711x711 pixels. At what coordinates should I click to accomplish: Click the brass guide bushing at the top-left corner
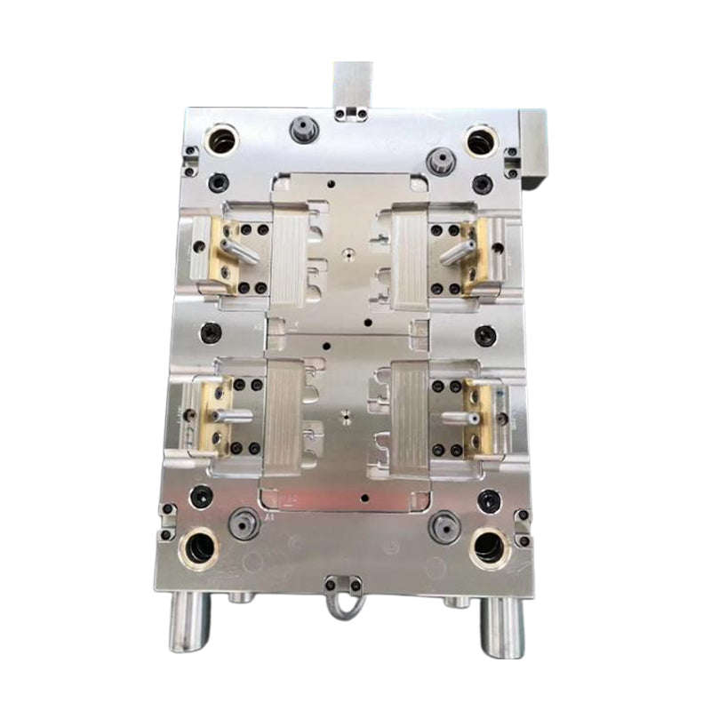click(220, 140)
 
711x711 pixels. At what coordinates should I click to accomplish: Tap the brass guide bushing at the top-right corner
click(480, 141)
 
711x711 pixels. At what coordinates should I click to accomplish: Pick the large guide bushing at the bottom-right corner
click(490, 545)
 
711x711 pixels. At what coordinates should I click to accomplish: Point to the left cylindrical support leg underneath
click(190, 621)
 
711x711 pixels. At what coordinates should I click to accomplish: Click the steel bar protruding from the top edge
click(353, 84)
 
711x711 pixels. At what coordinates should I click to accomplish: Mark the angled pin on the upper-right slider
click(457, 252)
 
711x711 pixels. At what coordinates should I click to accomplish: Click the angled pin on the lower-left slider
click(233, 414)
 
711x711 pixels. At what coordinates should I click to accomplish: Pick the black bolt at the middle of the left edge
click(211, 332)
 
